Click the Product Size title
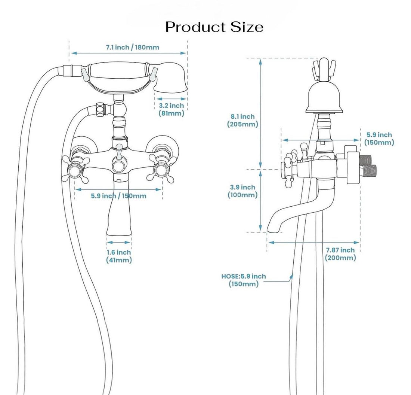pyautogui.click(x=214, y=27)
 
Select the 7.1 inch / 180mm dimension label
pyautogui.click(x=132, y=47)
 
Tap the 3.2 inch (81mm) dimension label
pyautogui.click(x=171, y=109)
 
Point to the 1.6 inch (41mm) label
pyautogui.click(x=119, y=256)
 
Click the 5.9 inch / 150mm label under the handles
pyautogui.click(x=118, y=196)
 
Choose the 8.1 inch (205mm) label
pyautogui.click(x=242, y=120)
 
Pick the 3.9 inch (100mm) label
pyautogui.click(x=242, y=191)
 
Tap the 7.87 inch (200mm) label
pyautogui.click(x=340, y=254)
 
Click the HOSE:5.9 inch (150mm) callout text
pyautogui.click(x=244, y=280)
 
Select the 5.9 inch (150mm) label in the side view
pyautogui.click(x=379, y=139)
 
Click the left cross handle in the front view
pyautogui.click(x=75, y=168)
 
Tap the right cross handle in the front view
pyautogui.click(x=161, y=168)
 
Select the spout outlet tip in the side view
pyautogui.click(x=274, y=229)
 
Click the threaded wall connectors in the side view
pyautogui.click(x=368, y=165)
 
